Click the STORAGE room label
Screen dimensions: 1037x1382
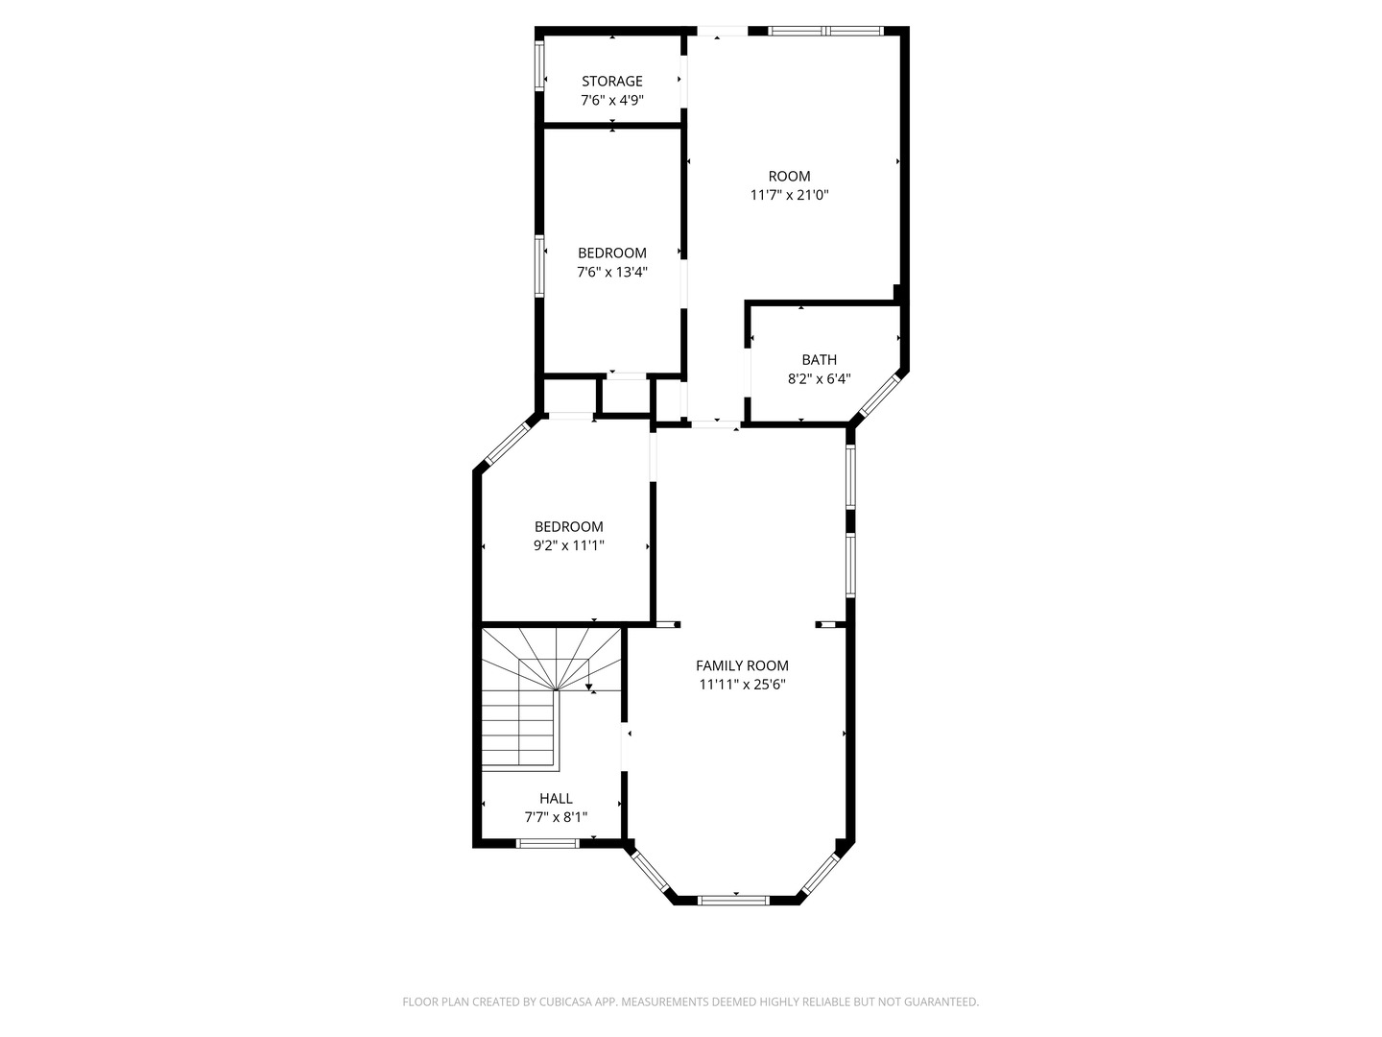pos(611,82)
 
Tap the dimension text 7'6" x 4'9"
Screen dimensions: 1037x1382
pos(611,100)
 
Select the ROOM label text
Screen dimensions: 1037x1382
pos(789,177)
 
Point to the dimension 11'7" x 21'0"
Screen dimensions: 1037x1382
pos(789,195)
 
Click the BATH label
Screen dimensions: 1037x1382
pos(819,360)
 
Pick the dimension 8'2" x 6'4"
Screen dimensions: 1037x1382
pos(819,378)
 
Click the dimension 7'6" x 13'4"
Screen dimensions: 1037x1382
pos(611,272)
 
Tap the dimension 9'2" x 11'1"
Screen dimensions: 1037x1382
pos(568,545)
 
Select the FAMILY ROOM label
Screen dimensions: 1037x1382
pos(742,665)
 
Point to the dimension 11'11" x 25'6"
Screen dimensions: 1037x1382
pos(742,685)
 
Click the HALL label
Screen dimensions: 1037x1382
pos(556,799)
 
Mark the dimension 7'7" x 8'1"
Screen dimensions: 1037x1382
pos(556,817)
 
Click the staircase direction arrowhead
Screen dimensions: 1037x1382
pos(588,687)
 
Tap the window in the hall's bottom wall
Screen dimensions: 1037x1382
pos(548,843)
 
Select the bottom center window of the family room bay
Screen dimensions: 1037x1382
pos(733,900)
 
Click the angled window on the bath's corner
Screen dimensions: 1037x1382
pos(879,396)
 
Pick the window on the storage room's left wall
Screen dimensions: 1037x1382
pos(539,65)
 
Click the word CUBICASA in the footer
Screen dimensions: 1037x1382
pos(557,1002)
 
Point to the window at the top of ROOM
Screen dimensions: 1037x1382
pos(825,31)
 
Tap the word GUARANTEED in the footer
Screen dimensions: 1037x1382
pos(942,1002)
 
